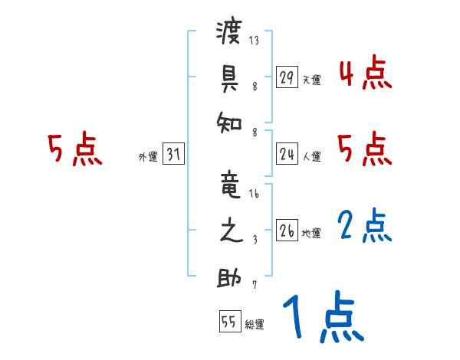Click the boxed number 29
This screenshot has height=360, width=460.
coord(286,77)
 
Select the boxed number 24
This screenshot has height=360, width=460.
coord(286,155)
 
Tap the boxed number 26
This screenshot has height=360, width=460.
coord(286,231)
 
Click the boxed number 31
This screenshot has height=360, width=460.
coord(173,155)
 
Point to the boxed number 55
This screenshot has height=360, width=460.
coord(229,322)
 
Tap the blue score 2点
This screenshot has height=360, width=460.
coord(365,227)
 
